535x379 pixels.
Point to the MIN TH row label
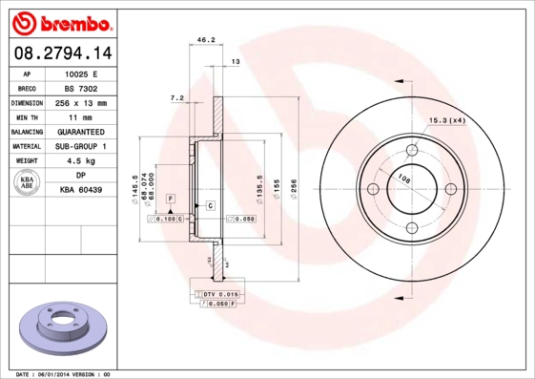coord(26,116)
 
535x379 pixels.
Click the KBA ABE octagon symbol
coord(27,183)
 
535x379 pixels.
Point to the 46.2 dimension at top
coord(203,40)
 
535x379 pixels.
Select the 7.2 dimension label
coord(175,97)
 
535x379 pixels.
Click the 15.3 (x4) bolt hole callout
coord(446,120)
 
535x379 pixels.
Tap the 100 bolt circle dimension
coord(403,178)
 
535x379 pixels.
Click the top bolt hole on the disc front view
coord(413,150)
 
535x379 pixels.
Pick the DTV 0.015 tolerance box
coord(220,294)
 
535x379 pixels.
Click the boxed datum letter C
coord(209,206)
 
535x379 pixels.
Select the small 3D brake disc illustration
coord(59,327)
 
